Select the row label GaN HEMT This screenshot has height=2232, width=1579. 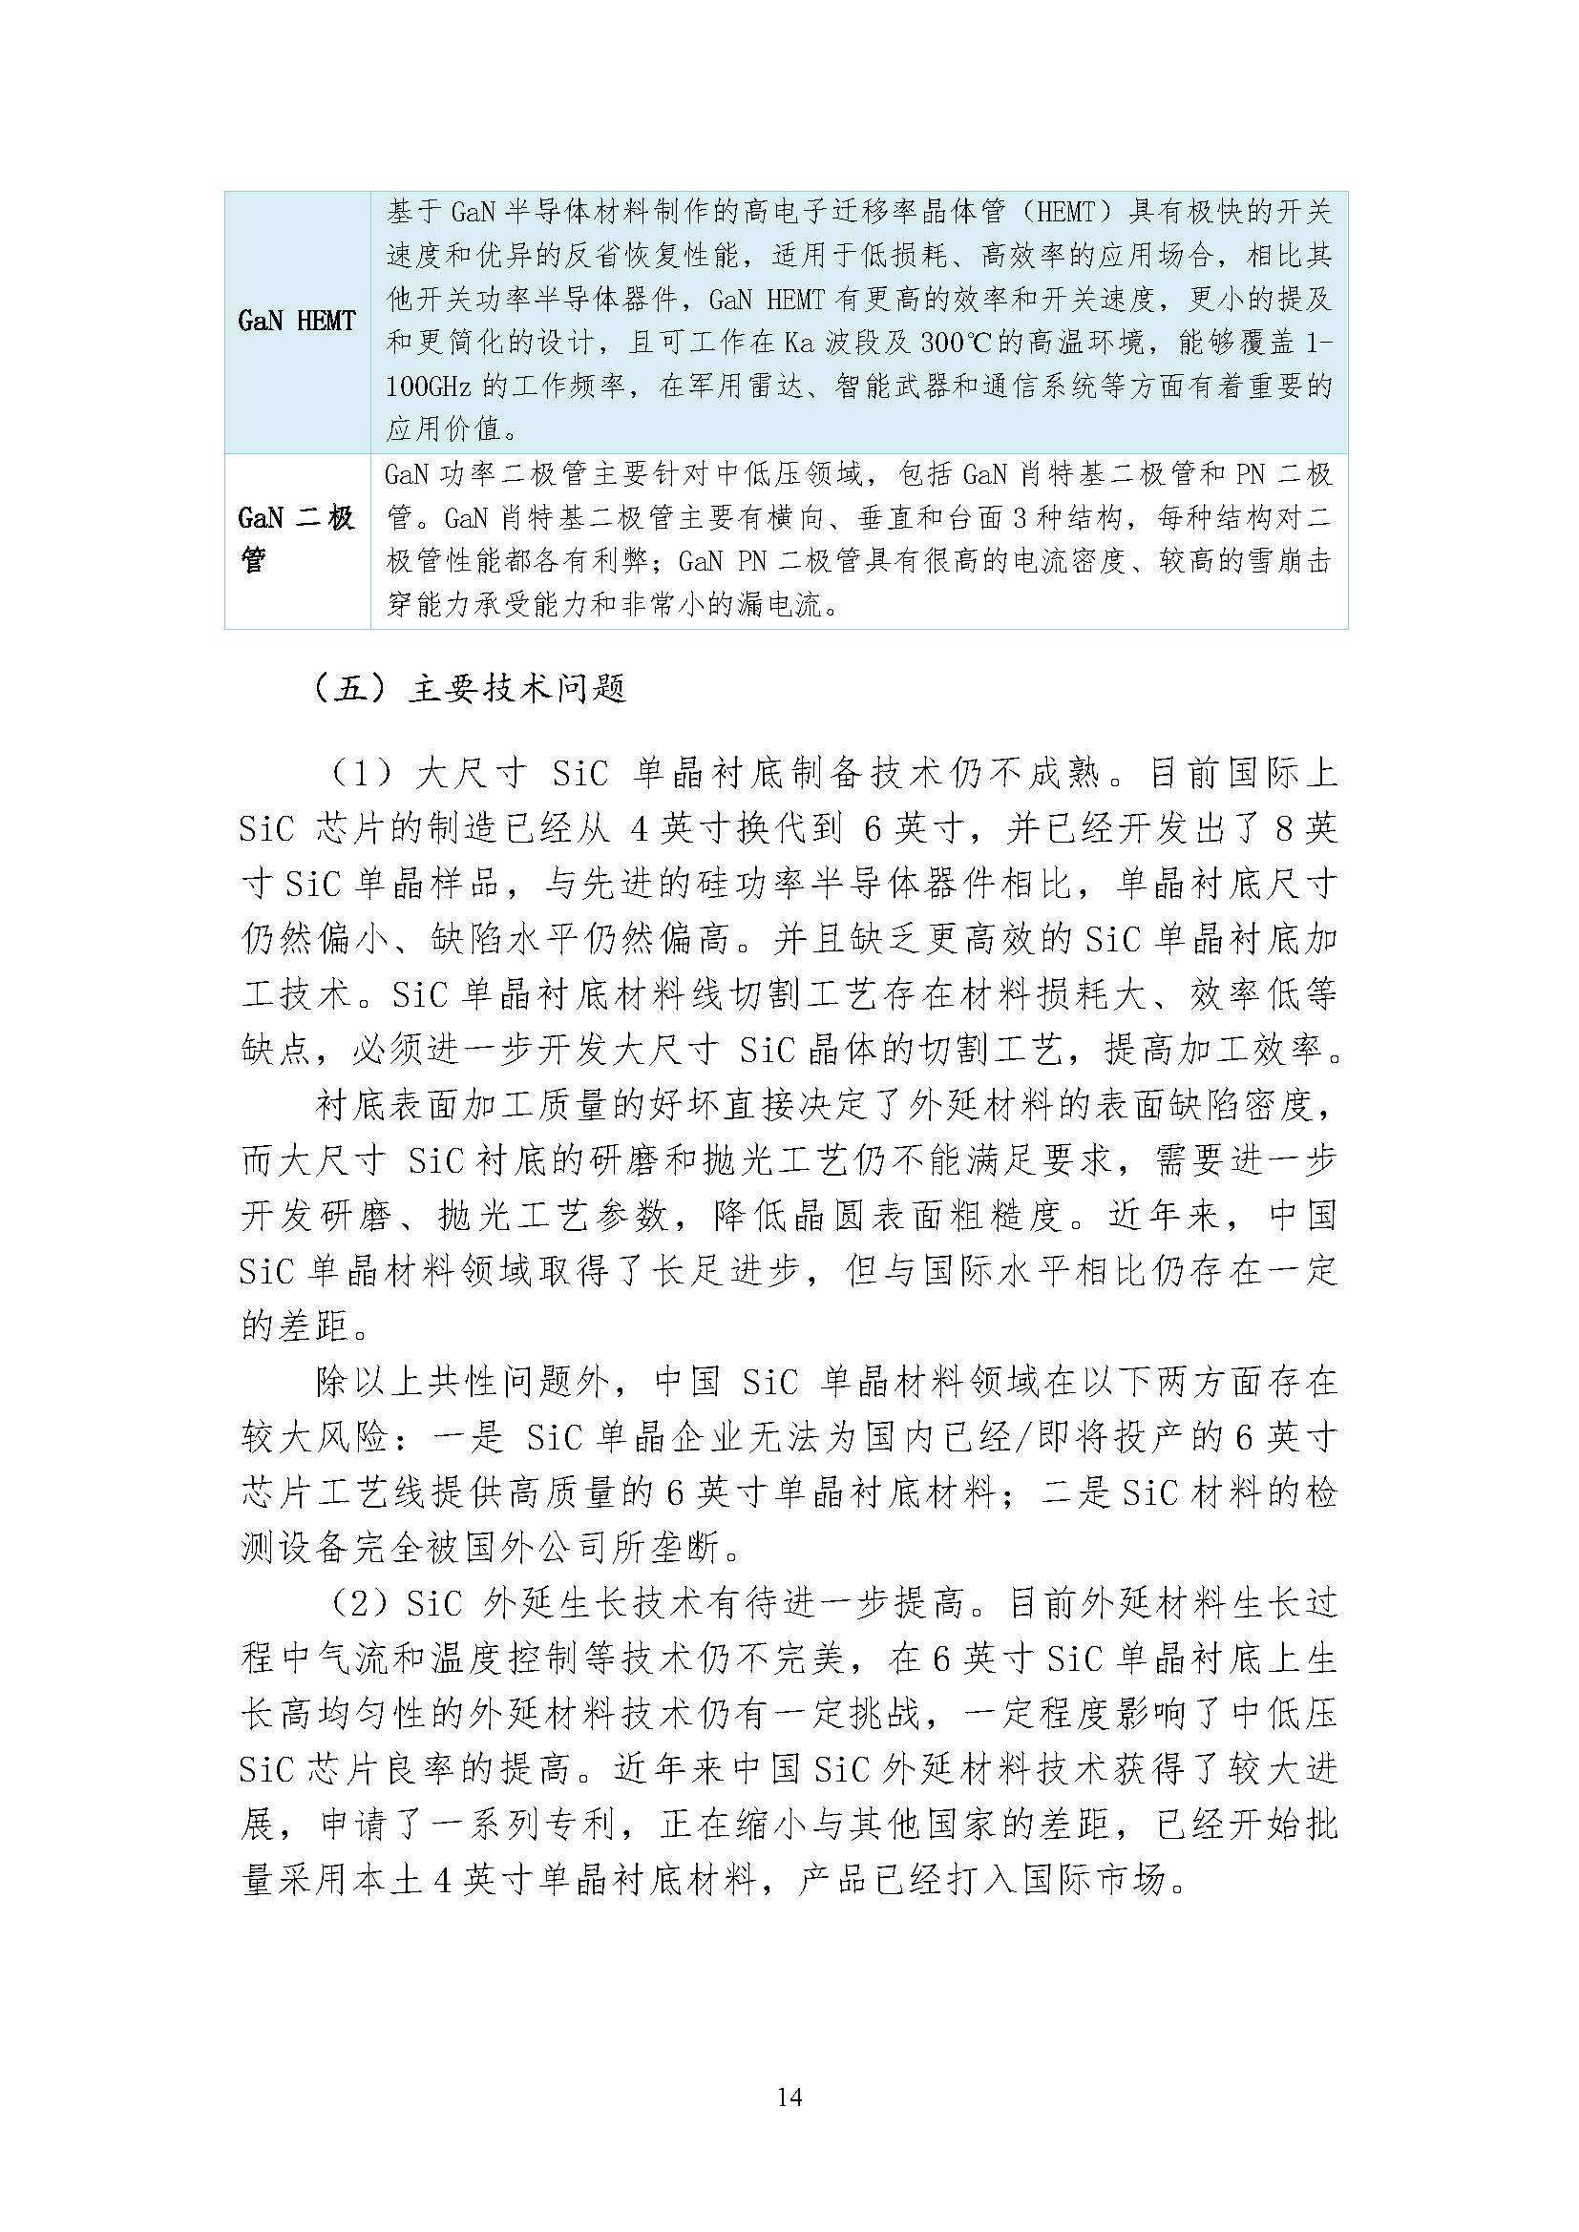(x=297, y=321)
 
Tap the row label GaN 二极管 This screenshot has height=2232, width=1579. (x=297, y=539)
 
